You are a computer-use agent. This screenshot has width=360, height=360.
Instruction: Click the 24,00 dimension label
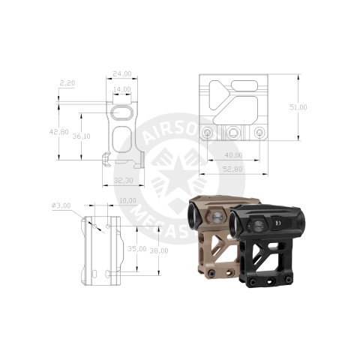coord(121,73)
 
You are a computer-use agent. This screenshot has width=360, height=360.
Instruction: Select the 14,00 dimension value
coord(121,90)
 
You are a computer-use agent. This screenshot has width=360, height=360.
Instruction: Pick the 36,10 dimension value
coord(81,136)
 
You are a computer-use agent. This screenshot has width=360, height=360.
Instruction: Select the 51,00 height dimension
coord(298,107)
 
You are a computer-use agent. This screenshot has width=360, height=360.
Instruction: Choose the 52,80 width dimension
coord(233,169)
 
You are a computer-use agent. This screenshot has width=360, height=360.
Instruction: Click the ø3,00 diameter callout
coord(62,205)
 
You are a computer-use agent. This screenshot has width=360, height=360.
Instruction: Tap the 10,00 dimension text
coord(127,200)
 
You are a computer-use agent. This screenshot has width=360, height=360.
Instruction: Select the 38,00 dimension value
coord(158,250)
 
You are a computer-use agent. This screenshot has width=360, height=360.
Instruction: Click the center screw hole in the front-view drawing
coord(235,133)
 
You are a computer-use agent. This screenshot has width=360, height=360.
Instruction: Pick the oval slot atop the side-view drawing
coord(121,112)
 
